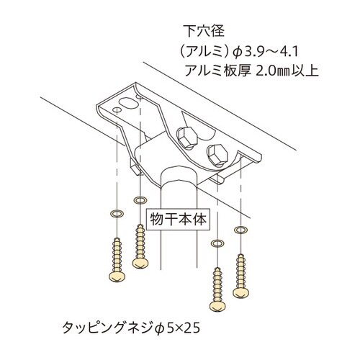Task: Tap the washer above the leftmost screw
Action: click(x=114, y=214)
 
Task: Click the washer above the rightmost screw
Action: click(x=240, y=229)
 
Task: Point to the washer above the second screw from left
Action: click(x=138, y=198)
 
